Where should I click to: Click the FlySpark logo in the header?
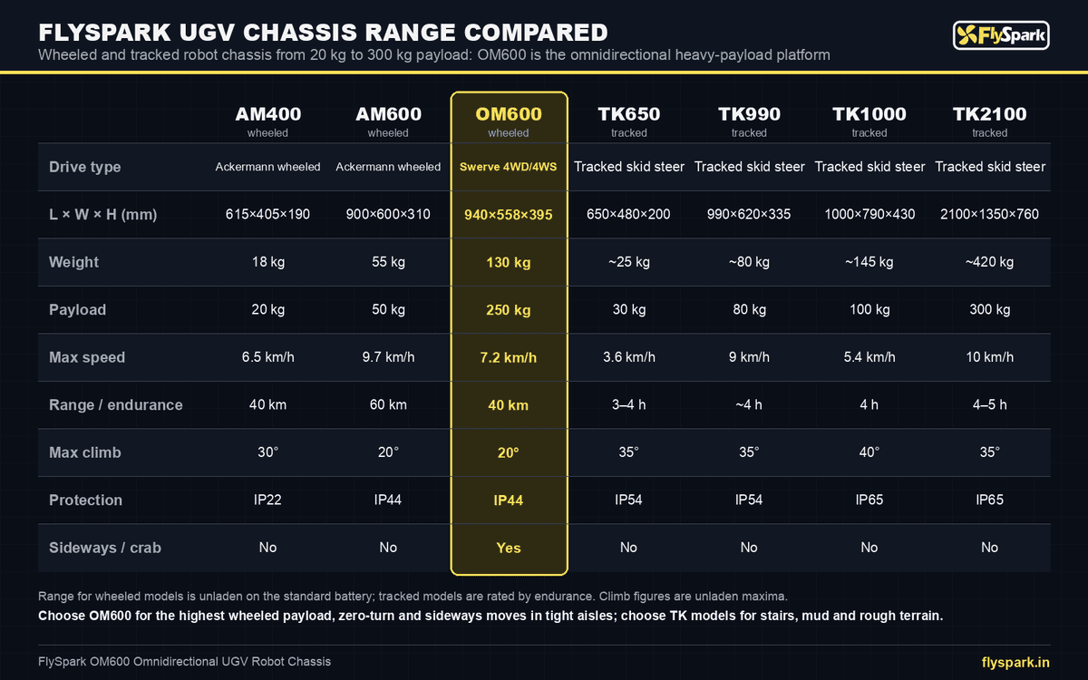tap(1001, 35)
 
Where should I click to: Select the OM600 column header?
tap(509, 114)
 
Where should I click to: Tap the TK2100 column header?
tap(989, 114)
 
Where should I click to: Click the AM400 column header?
tap(267, 114)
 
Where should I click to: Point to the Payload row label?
tap(77, 309)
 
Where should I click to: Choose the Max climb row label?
tap(85, 452)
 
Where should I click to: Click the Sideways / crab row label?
tap(105, 548)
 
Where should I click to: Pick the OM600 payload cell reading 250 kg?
tap(509, 310)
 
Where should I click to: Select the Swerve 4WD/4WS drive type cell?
tap(508, 167)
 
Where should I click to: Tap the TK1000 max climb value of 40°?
tap(869, 452)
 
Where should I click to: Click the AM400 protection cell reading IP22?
tap(267, 500)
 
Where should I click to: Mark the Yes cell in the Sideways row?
tap(509, 548)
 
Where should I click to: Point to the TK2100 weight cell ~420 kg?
tap(989, 262)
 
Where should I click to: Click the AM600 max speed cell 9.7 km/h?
tap(388, 357)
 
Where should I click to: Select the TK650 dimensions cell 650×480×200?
tap(628, 214)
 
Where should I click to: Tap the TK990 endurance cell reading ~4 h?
tap(749, 404)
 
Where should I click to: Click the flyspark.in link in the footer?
tap(1015, 663)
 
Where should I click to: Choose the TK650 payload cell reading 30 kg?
tap(629, 309)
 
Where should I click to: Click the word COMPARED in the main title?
tap(536, 33)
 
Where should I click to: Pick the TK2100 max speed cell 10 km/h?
tap(989, 357)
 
